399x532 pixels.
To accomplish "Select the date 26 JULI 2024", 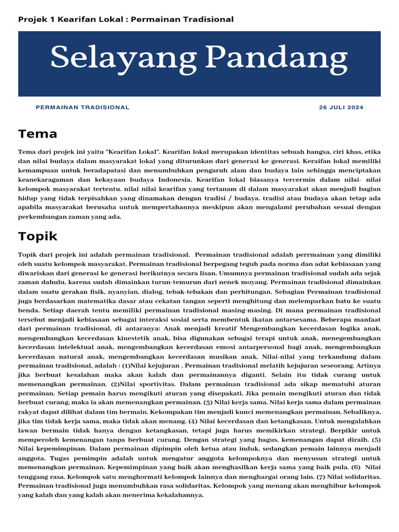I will [x=341, y=108].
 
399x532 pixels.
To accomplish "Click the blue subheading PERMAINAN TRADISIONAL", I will [x=83, y=108].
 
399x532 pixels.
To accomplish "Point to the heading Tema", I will [x=37, y=134].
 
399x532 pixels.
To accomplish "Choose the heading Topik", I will [x=38, y=236].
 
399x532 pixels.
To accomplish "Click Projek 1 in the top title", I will [x=37, y=19].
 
